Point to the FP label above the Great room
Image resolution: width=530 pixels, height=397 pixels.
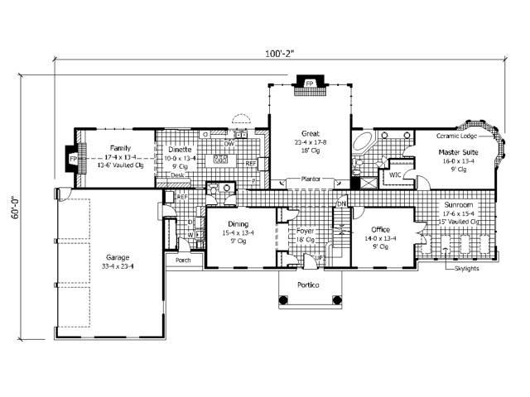309,84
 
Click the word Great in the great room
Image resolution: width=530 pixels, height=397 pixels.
311,133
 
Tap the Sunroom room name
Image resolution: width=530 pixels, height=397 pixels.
457,204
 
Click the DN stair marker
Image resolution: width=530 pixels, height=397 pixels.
340,204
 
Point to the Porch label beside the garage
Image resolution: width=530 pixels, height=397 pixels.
183,261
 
